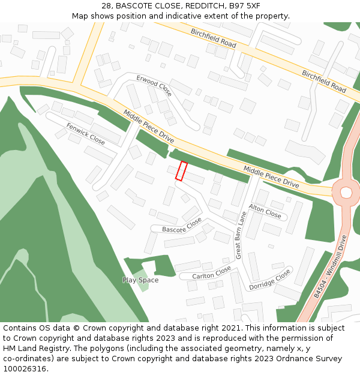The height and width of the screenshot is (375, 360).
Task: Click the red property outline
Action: pyautogui.click(x=181, y=170)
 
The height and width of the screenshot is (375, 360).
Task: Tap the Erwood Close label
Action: pyautogui.click(x=154, y=86)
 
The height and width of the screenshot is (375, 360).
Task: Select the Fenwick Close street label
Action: pyautogui.click(x=86, y=133)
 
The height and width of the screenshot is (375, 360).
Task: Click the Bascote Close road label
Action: pyautogui.click(x=182, y=226)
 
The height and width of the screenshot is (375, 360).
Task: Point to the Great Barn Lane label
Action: pyautogui.click(x=241, y=235)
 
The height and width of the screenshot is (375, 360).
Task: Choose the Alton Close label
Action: pyautogui.click(x=265, y=211)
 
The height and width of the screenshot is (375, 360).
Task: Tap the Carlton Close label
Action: pyautogui.click(x=211, y=272)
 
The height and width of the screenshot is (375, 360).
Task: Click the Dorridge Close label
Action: pyautogui.click(x=270, y=279)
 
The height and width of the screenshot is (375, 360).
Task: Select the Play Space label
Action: pyautogui.click(x=140, y=280)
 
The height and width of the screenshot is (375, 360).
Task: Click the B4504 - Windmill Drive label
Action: pyautogui.click(x=331, y=267)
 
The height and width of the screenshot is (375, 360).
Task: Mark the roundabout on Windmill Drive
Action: pyautogui.click(x=346, y=192)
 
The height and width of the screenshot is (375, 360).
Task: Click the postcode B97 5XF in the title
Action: pyautogui.click(x=247, y=5)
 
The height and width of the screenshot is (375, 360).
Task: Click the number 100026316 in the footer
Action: pyautogui.click(x=25, y=368)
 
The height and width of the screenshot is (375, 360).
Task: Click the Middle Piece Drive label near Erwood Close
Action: pyautogui.click(x=149, y=126)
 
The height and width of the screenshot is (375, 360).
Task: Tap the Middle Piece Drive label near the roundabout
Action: pyautogui.click(x=271, y=175)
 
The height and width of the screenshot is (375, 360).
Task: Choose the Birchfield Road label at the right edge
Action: pyautogui.click(x=324, y=82)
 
